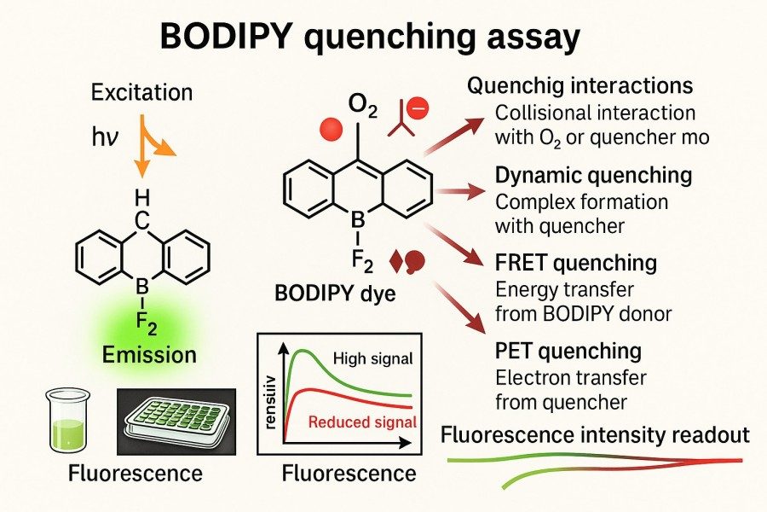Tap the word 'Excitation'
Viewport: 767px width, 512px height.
point(141,91)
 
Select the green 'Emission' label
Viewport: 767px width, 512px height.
point(149,352)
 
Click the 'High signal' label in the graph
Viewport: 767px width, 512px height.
point(372,359)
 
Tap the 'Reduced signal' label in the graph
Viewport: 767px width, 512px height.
point(362,422)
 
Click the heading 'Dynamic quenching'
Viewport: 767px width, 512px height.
point(593,176)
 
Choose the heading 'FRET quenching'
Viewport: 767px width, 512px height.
point(576,262)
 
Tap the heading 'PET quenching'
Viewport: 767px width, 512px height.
point(568,350)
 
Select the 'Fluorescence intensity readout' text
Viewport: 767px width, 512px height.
point(596,435)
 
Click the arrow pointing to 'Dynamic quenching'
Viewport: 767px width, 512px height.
point(459,189)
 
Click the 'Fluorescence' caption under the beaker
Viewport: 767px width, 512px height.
point(124,472)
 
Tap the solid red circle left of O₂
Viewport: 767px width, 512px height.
point(330,129)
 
